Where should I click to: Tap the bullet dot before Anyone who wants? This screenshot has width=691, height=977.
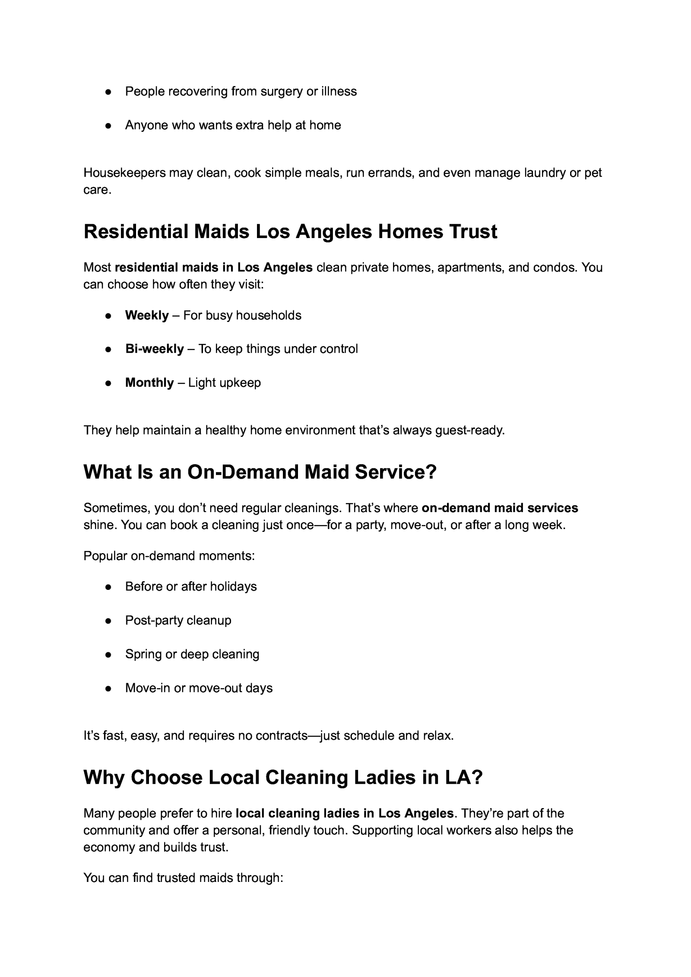[109, 126]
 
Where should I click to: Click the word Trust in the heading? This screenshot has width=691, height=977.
[473, 232]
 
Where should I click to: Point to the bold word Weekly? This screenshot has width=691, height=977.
[147, 315]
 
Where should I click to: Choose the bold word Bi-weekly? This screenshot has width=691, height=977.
[154, 349]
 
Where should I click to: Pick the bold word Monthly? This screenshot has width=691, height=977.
[149, 383]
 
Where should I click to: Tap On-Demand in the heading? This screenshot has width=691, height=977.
[242, 472]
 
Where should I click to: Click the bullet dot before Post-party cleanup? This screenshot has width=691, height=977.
[109, 621]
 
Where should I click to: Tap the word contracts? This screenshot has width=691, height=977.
[282, 735]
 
